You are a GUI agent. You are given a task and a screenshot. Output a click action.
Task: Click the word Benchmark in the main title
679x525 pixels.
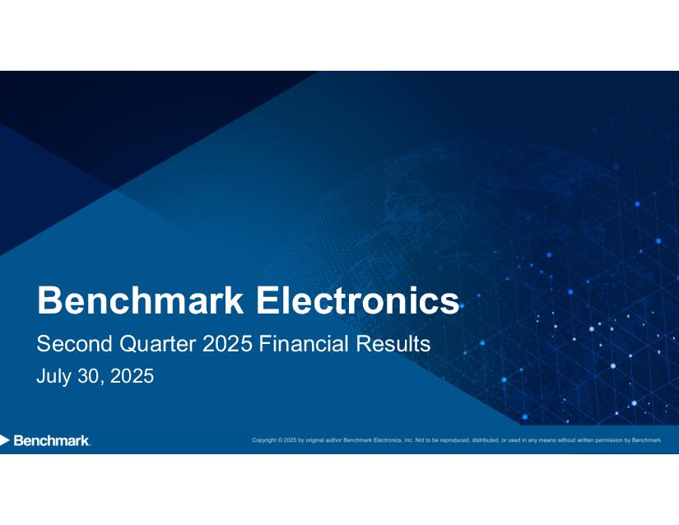pos(141,300)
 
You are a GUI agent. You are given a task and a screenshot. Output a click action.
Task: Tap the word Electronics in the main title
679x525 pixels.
pos(358,300)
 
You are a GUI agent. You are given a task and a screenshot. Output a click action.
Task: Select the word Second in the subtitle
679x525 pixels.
pos(74,344)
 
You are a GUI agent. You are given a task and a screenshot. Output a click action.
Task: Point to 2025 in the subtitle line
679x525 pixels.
pos(227,344)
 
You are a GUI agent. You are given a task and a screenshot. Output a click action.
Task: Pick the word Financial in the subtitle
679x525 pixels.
pos(304,344)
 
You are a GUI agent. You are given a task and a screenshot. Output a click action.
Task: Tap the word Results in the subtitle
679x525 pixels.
pos(393,344)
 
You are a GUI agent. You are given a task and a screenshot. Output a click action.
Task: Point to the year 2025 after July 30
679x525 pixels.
pos(132,376)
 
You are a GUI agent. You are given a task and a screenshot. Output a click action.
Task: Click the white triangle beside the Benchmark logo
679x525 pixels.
pos(4,440)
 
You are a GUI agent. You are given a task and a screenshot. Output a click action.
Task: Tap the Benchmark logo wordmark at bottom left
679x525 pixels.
pos(52,440)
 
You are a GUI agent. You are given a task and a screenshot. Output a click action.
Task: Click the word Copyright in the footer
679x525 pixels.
pos(264,440)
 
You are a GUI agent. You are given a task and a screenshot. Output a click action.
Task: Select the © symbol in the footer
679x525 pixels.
pos(280,440)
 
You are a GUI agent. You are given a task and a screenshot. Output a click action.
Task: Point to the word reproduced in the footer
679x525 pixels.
pos(455,440)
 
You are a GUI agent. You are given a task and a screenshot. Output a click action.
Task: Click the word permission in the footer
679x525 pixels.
pos(609,440)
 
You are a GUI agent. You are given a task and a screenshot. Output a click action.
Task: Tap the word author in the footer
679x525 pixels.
pos(334,440)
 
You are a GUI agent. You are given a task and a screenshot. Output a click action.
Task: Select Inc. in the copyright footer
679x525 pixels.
pos(409,440)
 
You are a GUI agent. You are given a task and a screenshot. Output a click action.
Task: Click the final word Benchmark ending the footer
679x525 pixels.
pos(647,440)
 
